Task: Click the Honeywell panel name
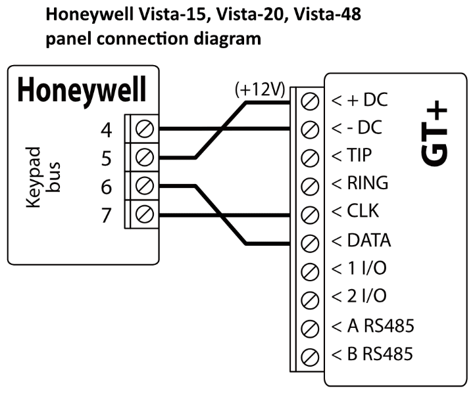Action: [82, 91]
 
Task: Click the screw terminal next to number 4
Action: [144, 129]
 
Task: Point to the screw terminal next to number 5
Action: [144, 157]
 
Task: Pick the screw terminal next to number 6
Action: [144, 186]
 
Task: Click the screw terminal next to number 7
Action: [144, 214]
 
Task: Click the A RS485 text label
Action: [372, 325]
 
